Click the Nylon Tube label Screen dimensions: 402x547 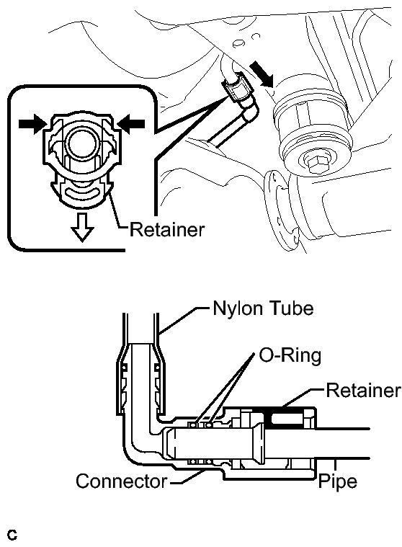coord(263,308)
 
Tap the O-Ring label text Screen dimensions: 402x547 coord(290,356)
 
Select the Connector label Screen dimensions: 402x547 coord(122,481)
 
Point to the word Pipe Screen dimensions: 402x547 coord(338,482)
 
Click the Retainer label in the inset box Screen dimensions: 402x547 coord(167,230)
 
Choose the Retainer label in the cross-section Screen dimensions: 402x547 coord(363,390)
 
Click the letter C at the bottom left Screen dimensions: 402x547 coord(12,535)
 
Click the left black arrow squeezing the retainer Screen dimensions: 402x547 coord(32,124)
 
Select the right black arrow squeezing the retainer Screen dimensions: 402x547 coord(131,124)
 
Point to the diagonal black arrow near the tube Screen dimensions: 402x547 coord(262,74)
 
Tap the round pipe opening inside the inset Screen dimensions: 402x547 coord(80,142)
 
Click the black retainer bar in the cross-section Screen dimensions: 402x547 coord(282,417)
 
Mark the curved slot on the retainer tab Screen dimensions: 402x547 coord(82,192)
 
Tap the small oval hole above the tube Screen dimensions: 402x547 coord(238,43)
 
